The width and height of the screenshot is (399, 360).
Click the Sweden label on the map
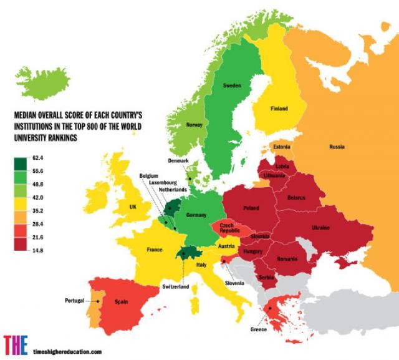(x=232, y=85)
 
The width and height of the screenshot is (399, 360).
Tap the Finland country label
(x=279, y=109)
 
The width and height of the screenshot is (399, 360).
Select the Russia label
(x=337, y=147)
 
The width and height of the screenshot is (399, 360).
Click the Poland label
(x=251, y=207)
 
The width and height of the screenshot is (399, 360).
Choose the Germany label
(x=195, y=215)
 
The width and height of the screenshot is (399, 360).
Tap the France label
(x=155, y=250)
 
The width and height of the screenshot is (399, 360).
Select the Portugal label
(x=74, y=301)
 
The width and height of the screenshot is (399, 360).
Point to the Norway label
(x=195, y=125)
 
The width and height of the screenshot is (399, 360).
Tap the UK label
(x=132, y=207)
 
